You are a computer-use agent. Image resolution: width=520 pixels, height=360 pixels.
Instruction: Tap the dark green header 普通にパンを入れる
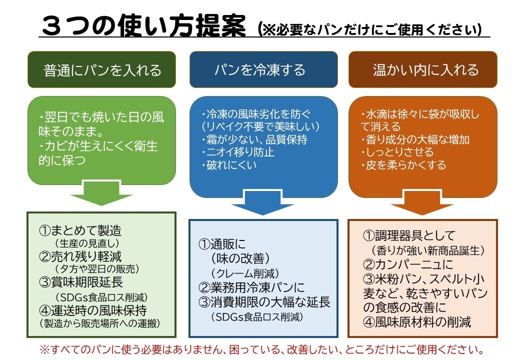(x=102, y=69)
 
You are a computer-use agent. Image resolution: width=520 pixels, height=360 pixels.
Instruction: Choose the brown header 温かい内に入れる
(x=423, y=69)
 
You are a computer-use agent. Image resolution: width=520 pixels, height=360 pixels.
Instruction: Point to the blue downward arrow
(x=261, y=202)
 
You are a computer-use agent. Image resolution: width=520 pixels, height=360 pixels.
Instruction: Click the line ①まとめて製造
(x=80, y=230)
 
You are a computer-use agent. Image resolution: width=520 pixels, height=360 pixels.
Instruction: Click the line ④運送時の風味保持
(x=92, y=310)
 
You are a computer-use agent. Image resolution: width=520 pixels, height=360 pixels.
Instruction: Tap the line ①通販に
(x=222, y=244)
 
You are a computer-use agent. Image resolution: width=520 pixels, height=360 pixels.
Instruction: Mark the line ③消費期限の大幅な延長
(x=264, y=302)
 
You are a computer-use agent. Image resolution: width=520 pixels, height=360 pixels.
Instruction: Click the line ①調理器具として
(x=408, y=235)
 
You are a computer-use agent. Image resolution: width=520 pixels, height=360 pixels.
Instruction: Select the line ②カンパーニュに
(x=407, y=264)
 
